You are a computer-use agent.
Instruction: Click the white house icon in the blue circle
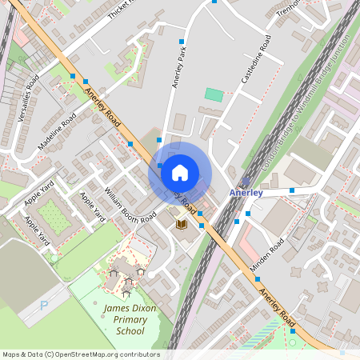[180, 172]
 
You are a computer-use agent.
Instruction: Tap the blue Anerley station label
[246, 193]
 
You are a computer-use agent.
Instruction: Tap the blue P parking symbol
[44, 305]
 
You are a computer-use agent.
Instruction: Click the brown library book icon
[181, 226]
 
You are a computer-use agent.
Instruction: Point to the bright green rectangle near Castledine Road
[214, 94]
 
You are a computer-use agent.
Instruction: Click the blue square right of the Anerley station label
[292, 190]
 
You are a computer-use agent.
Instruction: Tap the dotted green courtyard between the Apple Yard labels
[52, 216]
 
